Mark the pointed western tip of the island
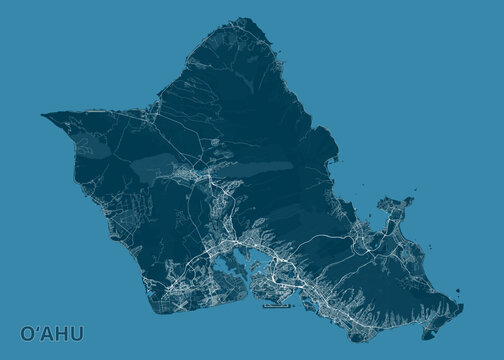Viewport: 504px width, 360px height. [44, 113]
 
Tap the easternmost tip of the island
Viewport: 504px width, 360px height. [458, 299]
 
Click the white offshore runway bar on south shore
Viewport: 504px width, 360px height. [275, 306]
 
